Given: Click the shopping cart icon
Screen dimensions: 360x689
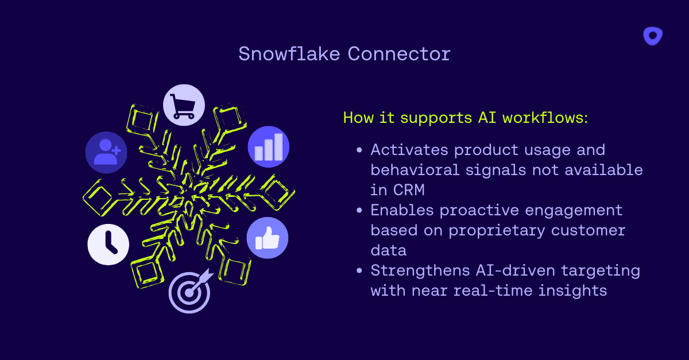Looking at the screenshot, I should tap(184, 105).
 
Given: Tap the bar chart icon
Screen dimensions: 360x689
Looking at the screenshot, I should tap(269, 147).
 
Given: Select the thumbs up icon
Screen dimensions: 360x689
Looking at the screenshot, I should tap(267, 237).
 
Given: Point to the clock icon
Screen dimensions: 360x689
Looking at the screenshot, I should tap(109, 245).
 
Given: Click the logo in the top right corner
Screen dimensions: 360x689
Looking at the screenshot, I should tap(653, 36).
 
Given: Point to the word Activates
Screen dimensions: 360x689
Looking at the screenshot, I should tap(409, 150).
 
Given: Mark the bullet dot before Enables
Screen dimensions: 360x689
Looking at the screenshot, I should tap(359, 211).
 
